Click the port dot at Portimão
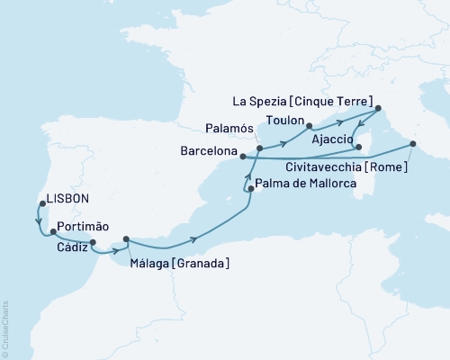pos(53,231)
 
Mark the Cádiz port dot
pos(93,241)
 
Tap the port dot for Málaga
pos(126,238)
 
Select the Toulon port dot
pos(308,127)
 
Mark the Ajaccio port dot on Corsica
pos(357,147)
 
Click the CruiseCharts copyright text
pos(5,328)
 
